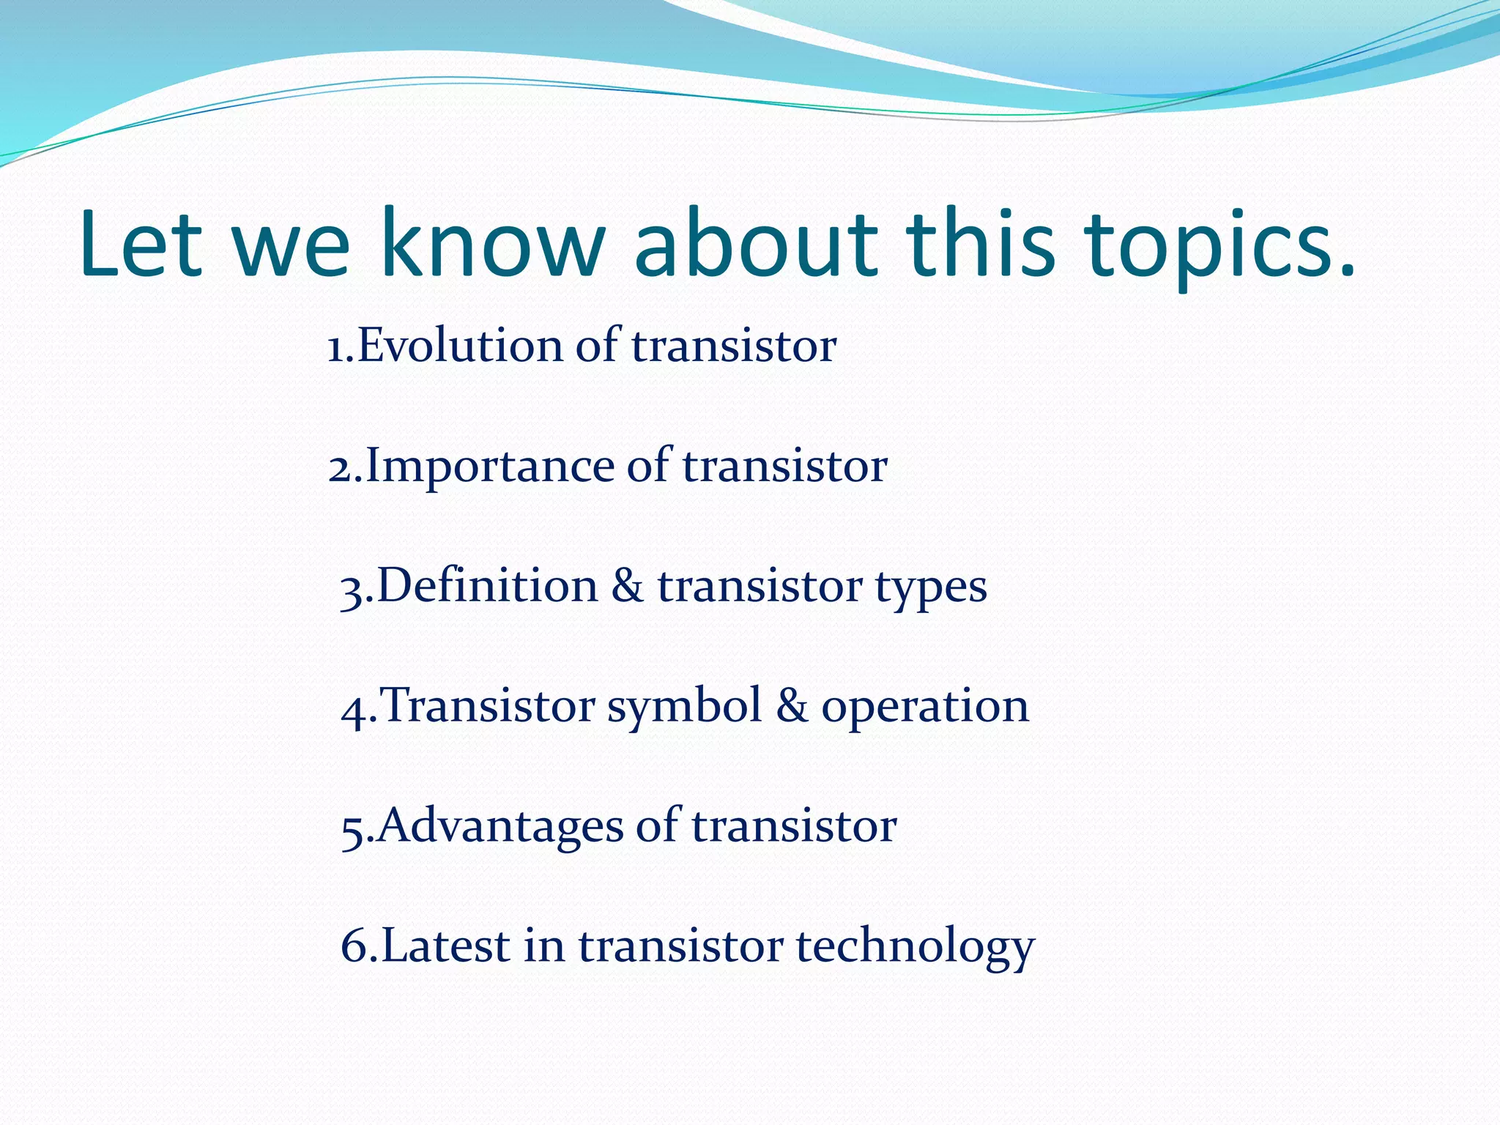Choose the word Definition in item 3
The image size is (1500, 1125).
click(487, 586)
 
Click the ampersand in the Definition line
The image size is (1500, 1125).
click(627, 586)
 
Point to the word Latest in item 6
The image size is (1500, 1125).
click(445, 946)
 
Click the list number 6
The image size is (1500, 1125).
click(354, 946)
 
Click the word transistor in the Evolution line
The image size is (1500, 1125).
click(733, 346)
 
